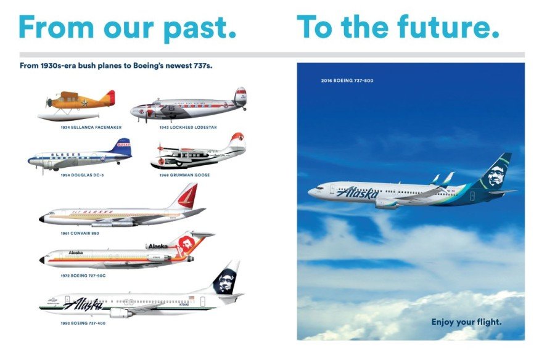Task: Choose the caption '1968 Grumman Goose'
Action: coord(185,175)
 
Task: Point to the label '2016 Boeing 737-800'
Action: coord(347,81)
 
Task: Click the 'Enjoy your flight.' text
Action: coord(466,322)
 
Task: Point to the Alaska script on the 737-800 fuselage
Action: coord(358,193)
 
